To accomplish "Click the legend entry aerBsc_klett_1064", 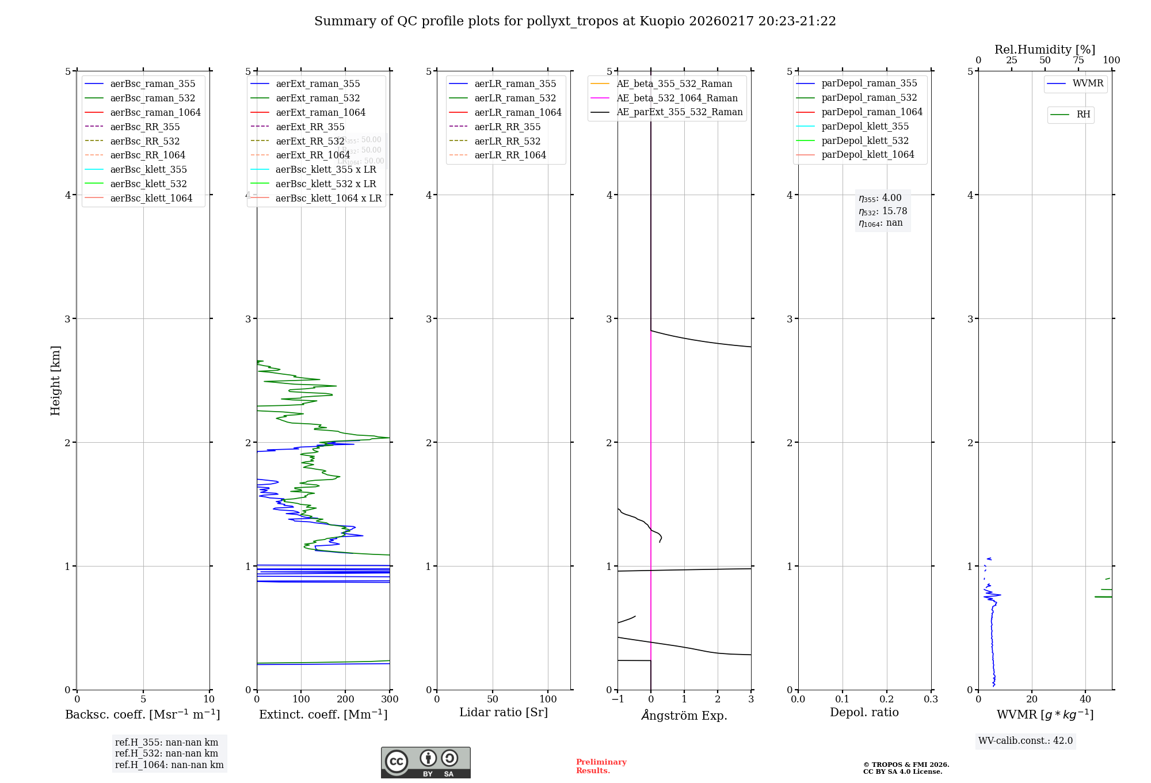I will coord(151,198).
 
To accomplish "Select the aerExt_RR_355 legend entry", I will coord(310,127).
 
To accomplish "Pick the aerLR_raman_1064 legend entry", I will coord(517,112).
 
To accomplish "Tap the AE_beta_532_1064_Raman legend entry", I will coord(677,98).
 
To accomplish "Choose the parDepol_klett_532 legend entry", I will coord(864,140).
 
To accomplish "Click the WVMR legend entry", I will coord(1088,83).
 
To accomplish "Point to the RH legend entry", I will coord(1083,115).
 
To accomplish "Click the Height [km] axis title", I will coord(55,381).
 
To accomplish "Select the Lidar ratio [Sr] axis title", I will coord(504,712).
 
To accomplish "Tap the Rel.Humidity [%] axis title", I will coord(1045,50).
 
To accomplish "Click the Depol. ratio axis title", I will coord(864,712).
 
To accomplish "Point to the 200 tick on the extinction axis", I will coord(345,700).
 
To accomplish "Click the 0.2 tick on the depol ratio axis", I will coord(887,700).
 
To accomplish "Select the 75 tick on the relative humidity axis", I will coord(1078,60).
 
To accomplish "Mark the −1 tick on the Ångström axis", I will coord(618,700).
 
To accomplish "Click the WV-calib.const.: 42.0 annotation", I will coord(1025,740).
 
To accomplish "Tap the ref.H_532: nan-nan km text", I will coord(166,753).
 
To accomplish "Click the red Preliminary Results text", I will coord(601,766).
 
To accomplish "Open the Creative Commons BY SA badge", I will coord(425,762).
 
